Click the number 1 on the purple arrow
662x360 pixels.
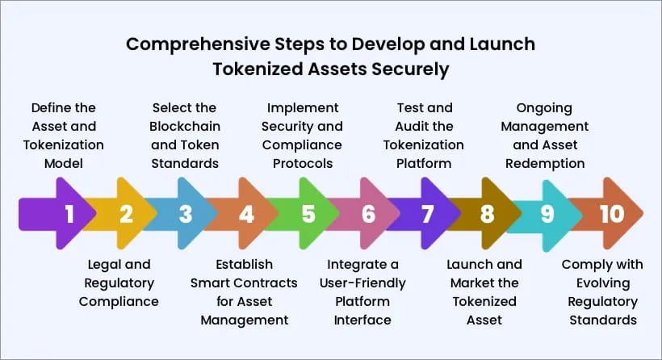coord(69,214)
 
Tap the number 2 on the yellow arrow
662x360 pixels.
coord(126,214)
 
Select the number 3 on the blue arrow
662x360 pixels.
coord(186,214)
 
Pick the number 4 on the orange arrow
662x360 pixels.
coord(246,214)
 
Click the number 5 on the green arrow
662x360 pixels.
coord(308,214)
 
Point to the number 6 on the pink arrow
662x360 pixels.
coord(369,214)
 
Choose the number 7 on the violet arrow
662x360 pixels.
coord(428,214)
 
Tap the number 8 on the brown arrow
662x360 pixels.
coord(487,214)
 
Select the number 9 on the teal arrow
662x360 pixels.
coord(547,214)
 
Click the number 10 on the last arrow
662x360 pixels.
coord(612,214)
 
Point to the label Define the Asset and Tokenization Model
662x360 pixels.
coord(63,136)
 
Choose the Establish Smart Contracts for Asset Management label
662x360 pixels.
coord(244,291)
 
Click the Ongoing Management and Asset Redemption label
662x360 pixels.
coord(548,136)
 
